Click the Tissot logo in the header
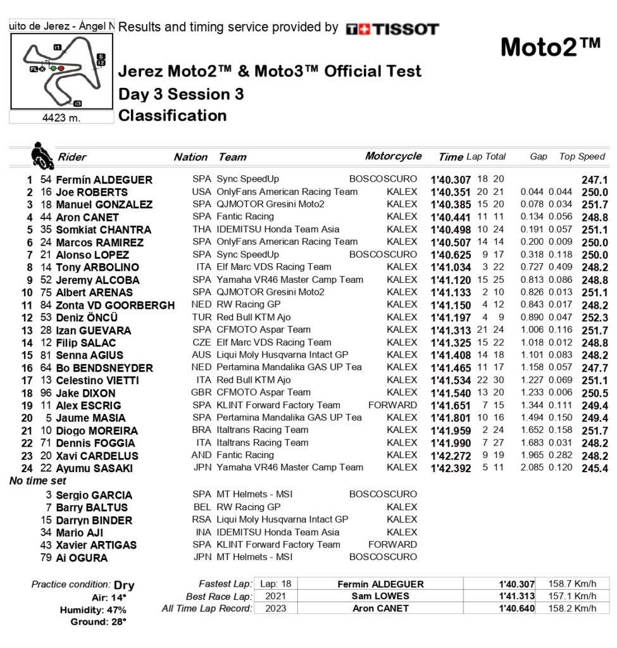[392, 28]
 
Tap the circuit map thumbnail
[61, 72]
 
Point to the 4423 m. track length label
[61, 117]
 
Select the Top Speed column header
[582, 156]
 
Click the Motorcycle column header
[393, 156]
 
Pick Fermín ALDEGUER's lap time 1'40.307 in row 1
[451, 180]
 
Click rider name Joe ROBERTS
[92, 192]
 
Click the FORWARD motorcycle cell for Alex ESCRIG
[393, 405]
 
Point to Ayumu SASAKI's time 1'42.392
[451, 468]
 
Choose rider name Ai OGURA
[82, 558]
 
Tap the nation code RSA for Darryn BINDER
[201, 520]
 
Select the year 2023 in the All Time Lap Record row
[275, 609]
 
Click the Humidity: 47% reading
[93, 610]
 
